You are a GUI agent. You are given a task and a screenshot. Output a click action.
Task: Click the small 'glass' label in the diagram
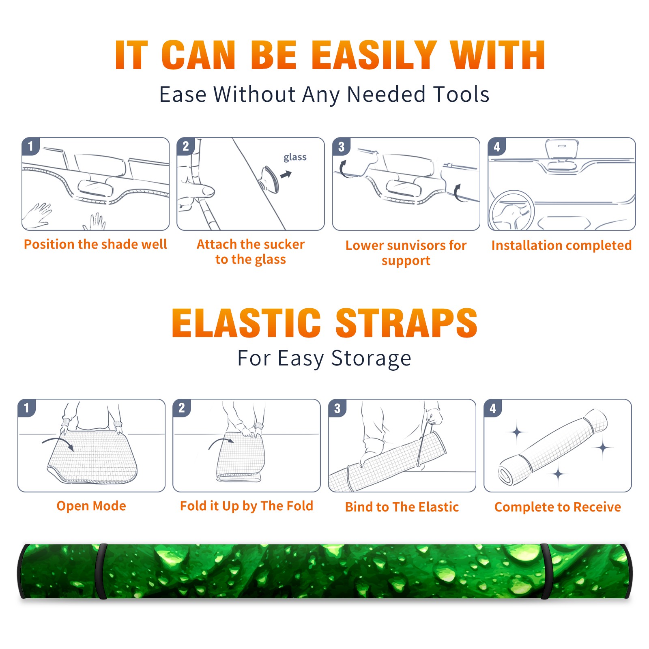coord(295,157)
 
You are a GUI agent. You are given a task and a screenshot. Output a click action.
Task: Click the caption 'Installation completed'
coord(561,245)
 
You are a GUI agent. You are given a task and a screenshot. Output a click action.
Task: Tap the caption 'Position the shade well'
coord(95,244)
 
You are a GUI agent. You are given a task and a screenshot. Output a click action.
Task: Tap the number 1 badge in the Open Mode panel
coord(27,408)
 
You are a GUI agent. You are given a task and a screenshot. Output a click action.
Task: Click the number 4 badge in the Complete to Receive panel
coord(493,408)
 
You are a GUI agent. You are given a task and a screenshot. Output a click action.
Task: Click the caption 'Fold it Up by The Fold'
coord(247,506)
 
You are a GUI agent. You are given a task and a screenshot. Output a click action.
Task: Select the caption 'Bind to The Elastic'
coord(402,507)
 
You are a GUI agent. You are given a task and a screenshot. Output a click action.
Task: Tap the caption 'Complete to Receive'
coord(558,507)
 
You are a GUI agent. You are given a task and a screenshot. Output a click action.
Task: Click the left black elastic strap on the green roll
coord(101,571)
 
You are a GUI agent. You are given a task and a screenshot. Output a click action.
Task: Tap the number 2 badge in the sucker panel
coord(186,146)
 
